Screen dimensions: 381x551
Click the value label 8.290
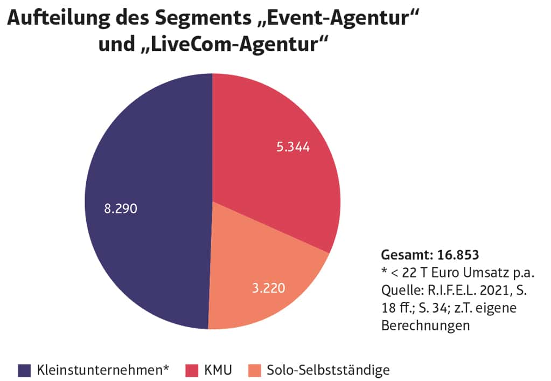click(x=121, y=209)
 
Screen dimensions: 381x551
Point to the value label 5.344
click(x=293, y=147)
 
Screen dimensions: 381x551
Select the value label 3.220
click(x=268, y=288)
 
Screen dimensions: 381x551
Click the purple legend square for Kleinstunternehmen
click(x=25, y=370)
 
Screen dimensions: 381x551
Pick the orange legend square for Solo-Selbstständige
click(x=255, y=370)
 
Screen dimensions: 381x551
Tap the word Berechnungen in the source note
click(x=426, y=325)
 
